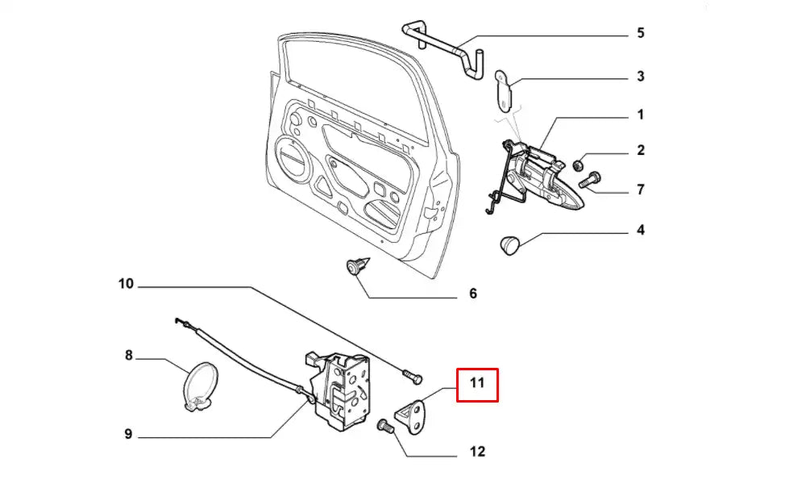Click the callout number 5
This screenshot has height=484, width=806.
click(641, 34)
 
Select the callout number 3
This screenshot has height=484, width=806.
click(641, 77)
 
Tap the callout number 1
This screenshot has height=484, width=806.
click(641, 115)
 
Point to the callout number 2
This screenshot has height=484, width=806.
click(641, 150)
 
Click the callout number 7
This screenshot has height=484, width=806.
click(641, 190)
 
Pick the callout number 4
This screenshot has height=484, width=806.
click(641, 231)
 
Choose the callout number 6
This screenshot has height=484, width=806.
click(473, 294)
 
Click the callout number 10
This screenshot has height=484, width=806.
click(126, 284)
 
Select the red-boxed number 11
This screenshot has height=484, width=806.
click(477, 384)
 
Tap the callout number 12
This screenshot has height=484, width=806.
click(477, 452)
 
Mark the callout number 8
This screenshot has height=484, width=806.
click(128, 354)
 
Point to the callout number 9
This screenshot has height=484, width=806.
click(128, 434)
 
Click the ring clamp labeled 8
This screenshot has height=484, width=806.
click(198, 386)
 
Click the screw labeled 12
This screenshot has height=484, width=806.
click(385, 425)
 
